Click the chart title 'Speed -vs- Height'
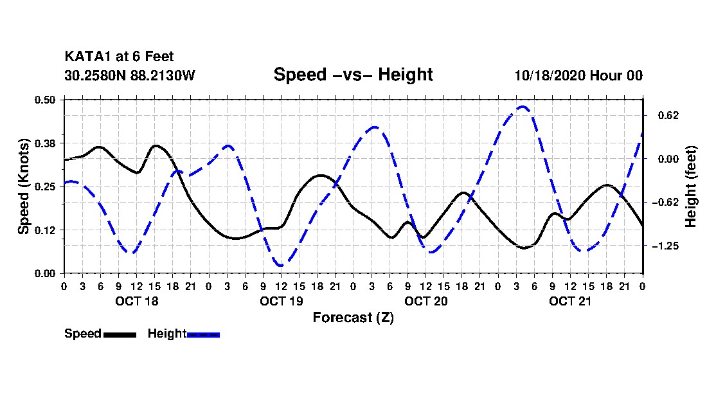pyautogui.click(x=353, y=75)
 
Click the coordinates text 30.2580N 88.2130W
pyautogui.click(x=130, y=75)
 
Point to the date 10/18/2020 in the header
pyautogui.click(x=550, y=75)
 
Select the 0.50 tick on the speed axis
pyautogui.click(x=45, y=100)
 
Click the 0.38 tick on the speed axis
pyautogui.click(x=45, y=143)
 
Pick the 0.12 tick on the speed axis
pyautogui.click(x=45, y=230)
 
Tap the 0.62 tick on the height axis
pyautogui.click(x=668, y=116)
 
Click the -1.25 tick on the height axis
pyautogui.click(x=665, y=246)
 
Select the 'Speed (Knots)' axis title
pyautogui.click(x=23, y=186)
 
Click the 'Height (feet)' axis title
pyautogui.click(x=691, y=186)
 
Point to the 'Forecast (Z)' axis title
pyautogui.click(x=353, y=318)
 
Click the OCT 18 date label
pyautogui.click(x=137, y=301)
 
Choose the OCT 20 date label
pyautogui.click(x=426, y=301)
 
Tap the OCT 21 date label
pyautogui.click(x=570, y=301)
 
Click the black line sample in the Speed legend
pyautogui.click(x=120, y=334)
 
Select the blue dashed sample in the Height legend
pyautogui.click(x=203, y=334)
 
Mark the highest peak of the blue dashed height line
pyautogui.click(x=523, y=106)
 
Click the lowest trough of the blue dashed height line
pyautogui.click(x=281, y=265)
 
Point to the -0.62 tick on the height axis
pyautogui.click(x=665, y=203)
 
